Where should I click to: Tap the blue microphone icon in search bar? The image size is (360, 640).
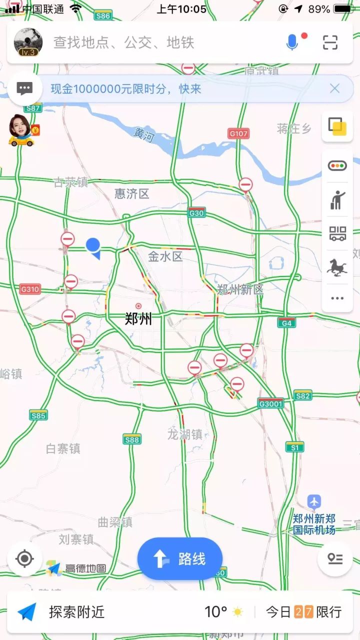(292, 42)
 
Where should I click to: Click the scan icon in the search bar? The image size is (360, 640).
(330, 42)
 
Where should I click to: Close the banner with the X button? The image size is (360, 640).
(334, 89)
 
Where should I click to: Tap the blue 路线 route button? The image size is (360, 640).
(180, 558)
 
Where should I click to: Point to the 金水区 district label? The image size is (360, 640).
(165, 257)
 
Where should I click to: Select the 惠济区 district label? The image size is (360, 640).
(132, 193)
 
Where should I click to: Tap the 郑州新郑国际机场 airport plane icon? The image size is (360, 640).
(314, 501)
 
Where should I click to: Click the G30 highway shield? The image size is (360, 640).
(196, 213)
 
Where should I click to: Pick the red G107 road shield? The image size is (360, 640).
(238, 133)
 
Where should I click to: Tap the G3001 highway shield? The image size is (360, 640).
(271, 403)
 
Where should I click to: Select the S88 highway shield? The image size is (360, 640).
(132, 439)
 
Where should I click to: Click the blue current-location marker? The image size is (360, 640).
(93, 246)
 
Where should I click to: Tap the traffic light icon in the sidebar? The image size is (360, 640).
(337, 165)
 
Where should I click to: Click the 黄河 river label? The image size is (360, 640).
(144, 134)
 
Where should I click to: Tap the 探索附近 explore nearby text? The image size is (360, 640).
(76, 612)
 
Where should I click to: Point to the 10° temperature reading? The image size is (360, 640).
(216, 612)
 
